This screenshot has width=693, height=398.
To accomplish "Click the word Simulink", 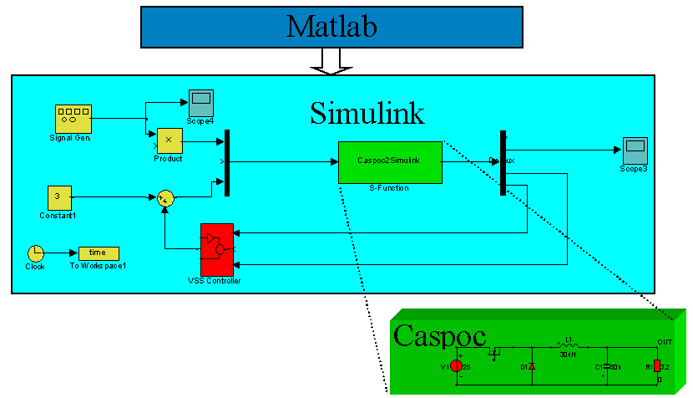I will coord(367,113).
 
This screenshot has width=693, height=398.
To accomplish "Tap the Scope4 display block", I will coord(201,102).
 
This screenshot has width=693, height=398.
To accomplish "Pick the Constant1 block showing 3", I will coord(58,197).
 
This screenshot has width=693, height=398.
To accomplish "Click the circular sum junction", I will coord(166,197).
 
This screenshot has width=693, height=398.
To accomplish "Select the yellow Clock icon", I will coord(35,253).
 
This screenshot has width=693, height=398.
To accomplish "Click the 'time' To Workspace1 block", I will coord(99,253).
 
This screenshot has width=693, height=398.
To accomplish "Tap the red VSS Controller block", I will coord(216,249).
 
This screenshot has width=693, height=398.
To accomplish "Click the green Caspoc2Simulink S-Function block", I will coord(389,162).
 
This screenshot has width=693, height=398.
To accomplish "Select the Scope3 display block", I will coord(635,151).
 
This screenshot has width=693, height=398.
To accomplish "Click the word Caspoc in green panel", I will coord(438,335).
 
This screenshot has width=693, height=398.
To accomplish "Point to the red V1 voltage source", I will coord(457,365).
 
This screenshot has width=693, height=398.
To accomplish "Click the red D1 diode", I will coord(531,365).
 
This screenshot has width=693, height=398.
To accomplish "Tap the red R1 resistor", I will coord(657,365).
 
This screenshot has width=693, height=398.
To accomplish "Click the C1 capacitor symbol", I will coord(607,366).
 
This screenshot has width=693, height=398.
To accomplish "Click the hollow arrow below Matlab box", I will coord(331,59).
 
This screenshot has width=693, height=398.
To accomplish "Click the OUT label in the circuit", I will coord(665,341).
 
